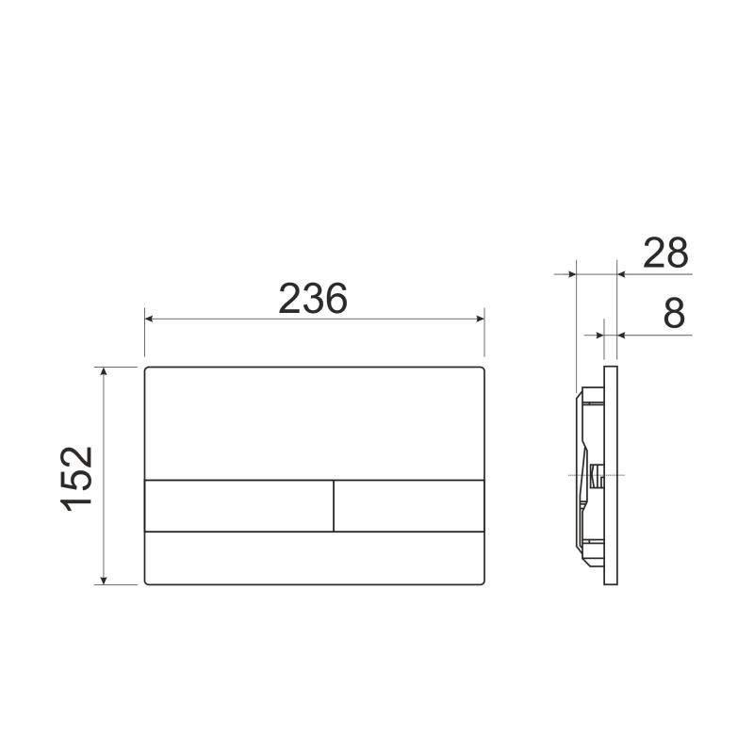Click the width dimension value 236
[x=313, y=299]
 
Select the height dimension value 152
[x=78, y=476]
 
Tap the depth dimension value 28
[x=665, y=254]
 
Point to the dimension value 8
[x=673, y=314]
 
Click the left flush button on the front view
[x=238, y=506]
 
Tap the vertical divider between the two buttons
[x=334, y=506]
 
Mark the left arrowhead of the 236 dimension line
[x=149, y=319]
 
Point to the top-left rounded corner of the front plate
[x=147, y=369]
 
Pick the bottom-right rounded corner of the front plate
[x=483, y=582]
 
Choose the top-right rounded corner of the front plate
[x=483, y=369]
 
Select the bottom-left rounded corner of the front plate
[x=147, y=582]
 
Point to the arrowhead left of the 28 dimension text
[x=622, y=274]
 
